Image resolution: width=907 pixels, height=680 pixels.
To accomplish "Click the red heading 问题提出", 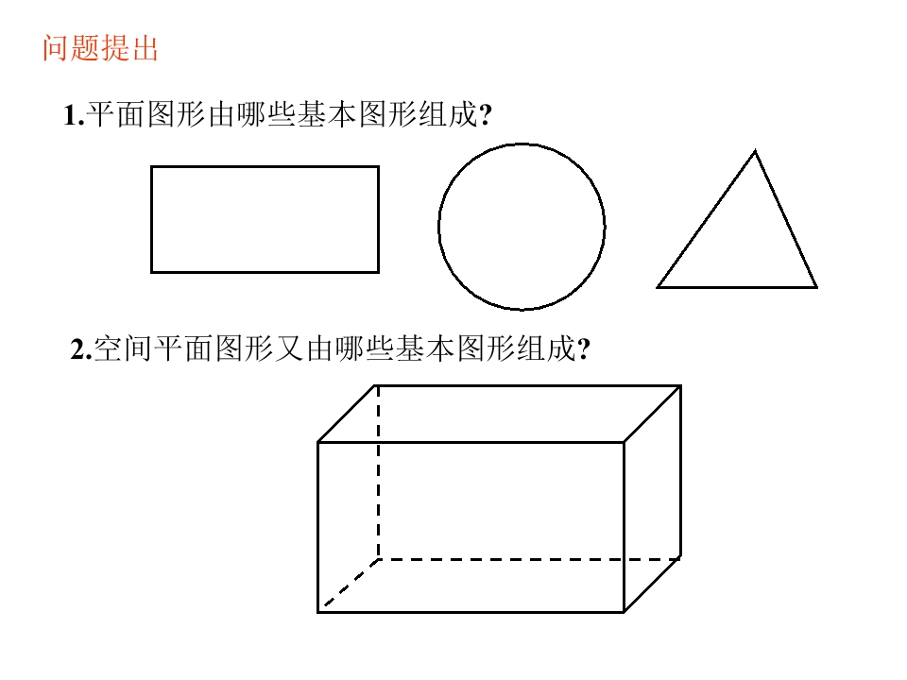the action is [x=100, y=47].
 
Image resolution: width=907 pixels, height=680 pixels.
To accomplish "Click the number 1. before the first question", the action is [x=74, y=115].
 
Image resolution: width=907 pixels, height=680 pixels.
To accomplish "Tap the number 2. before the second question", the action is [x=80, y=349].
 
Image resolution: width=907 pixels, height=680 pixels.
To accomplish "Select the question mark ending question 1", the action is [x=486, y=115].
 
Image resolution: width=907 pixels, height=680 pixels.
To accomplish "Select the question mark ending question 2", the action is [x=584, y=349].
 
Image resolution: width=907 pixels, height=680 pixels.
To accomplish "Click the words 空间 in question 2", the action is [x=123, y=348].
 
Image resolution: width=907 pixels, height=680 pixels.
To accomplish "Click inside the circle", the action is [x=522, y=227].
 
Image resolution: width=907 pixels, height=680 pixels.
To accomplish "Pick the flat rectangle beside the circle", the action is [x=265, y=219].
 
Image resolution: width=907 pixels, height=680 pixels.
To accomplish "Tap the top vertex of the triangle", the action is [x=755, y=151].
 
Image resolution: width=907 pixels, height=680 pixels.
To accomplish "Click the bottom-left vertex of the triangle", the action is [x=658, y=287].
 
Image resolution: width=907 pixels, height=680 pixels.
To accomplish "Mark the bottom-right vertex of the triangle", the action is [x=816, y=287].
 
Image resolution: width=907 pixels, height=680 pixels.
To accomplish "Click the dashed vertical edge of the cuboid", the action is [x=378, y=472].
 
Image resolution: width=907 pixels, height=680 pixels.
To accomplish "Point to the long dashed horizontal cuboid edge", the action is [x=529, y=558].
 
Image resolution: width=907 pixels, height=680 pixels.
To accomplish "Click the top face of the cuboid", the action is [x=500, y=414].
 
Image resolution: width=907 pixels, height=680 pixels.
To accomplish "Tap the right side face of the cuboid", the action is [x=653, y=499].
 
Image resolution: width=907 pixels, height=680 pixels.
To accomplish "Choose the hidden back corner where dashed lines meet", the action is [x=378, y=558].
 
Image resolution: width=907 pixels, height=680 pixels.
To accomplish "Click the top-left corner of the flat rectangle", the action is [x=151, y=166].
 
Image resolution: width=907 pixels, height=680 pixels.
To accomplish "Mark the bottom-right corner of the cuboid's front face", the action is [x=624, y=611].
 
